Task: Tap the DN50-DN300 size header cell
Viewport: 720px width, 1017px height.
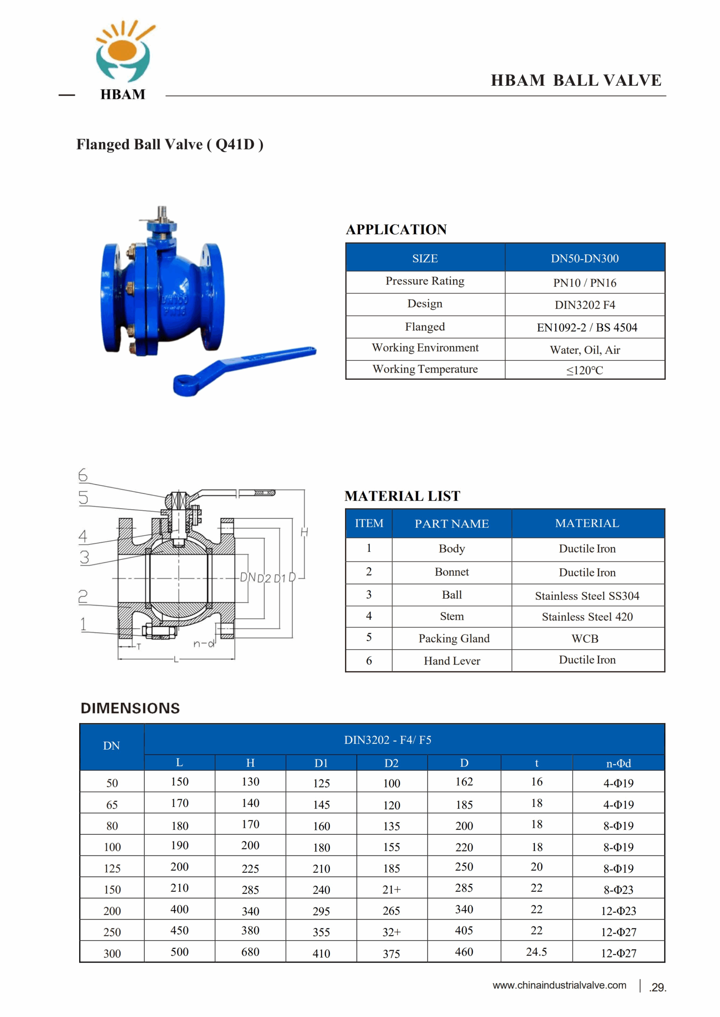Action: [x=584, y=258]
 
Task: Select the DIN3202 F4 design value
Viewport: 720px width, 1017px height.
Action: [x=584, y=305]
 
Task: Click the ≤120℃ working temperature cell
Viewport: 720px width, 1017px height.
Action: [x=584, y=370]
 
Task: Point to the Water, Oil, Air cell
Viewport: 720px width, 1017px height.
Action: [x=584, y=350]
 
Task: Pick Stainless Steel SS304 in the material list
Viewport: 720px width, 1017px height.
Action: [x=586, y=596]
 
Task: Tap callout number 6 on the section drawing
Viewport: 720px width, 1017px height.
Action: [x=83, y=475]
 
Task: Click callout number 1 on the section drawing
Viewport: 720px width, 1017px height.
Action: [x=83, y=624]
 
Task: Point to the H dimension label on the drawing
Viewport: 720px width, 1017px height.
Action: [x=304, y=532]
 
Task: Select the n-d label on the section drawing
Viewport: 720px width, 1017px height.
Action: [x=204, y=643]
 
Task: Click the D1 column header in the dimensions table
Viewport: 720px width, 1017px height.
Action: [x=321, y=763]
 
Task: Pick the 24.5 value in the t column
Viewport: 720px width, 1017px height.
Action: [x=536, y=951]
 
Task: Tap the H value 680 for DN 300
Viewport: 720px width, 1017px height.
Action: [x=250, y=951]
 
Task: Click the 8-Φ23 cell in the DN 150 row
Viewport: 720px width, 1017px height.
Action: [x=618, y=889]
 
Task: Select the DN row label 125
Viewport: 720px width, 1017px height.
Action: [x=112, y=868]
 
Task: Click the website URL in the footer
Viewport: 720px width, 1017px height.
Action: [x=559, y=985]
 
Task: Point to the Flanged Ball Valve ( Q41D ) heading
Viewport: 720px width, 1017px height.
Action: [x=170, y=144]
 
